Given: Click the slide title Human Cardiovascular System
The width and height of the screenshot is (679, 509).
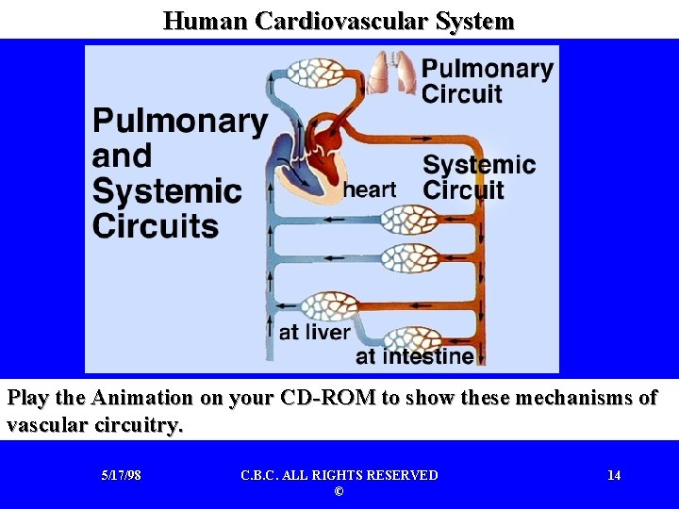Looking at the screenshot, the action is coord(339,20).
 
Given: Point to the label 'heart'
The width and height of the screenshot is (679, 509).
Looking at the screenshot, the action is coord(370,189).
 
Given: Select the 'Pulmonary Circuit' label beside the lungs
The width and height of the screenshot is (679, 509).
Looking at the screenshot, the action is coord(487,81).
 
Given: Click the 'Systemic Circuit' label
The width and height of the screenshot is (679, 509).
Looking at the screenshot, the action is coord(478,177).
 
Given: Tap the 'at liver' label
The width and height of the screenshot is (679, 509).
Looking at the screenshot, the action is coord(315,332).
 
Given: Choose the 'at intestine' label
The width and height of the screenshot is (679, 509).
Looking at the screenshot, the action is coord(414,356).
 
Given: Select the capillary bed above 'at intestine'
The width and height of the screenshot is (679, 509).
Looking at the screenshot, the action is coord(412,337).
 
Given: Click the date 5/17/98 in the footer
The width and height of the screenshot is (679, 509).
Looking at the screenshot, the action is coord(121,475).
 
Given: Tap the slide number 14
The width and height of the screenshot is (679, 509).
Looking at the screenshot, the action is coord(614,475).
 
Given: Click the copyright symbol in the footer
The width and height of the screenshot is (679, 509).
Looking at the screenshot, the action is coord(339,492).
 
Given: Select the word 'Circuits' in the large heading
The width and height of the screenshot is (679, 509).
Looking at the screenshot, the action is coord(156,226).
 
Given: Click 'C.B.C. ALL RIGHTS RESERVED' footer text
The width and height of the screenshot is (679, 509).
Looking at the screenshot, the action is coord(339,475).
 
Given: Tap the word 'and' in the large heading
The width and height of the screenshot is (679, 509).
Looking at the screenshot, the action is coord(122,156).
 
